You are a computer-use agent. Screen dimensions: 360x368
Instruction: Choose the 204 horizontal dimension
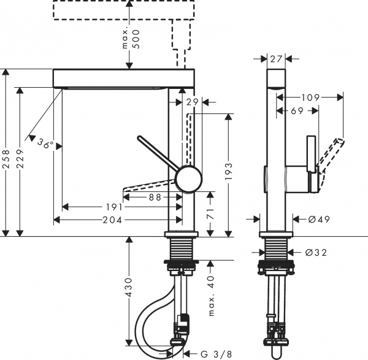coord(111,219)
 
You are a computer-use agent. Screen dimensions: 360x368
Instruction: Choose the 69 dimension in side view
coord(296,110)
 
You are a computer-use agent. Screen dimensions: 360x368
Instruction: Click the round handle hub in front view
coord(188,179)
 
